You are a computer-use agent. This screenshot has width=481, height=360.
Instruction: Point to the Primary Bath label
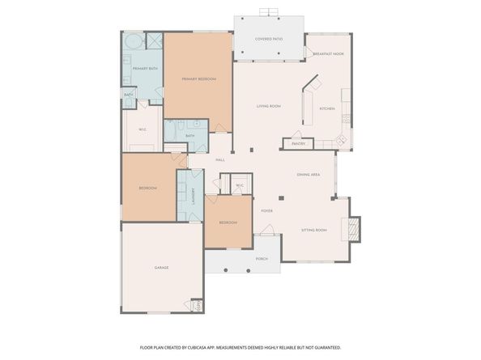[x=145, y=68]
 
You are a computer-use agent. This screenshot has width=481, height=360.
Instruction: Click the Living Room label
[x=269, y=106]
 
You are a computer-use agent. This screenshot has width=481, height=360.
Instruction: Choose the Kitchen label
[x=327, y=108]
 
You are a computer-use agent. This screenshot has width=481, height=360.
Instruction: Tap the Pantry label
[x=298, y=143]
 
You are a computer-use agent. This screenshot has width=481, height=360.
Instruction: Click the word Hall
[x=219, y=159]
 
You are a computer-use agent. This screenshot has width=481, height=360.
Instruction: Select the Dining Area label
[x=309, y=174]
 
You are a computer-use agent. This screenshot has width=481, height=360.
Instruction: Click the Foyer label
[x=266, y=211]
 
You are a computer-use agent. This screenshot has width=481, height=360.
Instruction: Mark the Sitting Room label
[x=313, y=231]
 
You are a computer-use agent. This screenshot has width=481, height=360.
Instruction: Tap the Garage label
[x=161, y=267]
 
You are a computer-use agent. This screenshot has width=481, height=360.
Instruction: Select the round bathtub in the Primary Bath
[x=133, y=41]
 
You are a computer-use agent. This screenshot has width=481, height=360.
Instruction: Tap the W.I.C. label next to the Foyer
[x=240, y=185]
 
